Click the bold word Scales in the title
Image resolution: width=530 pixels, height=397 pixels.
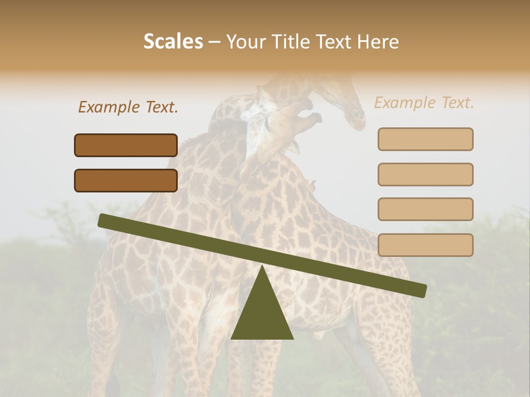[173, 41]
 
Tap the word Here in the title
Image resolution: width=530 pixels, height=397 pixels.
[378, 41]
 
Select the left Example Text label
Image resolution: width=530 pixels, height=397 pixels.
[128, 107]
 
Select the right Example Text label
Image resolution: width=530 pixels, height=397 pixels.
[424, 103]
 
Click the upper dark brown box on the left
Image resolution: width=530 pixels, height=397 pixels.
[126, 145]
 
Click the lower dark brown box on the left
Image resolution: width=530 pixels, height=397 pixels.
[126, 180]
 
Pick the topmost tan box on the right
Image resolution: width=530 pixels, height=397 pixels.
[425, 139]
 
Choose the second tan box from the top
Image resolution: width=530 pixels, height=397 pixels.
[425, 174]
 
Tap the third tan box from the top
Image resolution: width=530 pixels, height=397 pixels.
[425, 209]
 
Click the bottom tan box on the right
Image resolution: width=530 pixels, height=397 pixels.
[425, 245]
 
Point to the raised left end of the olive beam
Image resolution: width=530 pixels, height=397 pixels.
[103, 220]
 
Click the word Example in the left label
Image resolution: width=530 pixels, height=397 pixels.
[110, 107]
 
